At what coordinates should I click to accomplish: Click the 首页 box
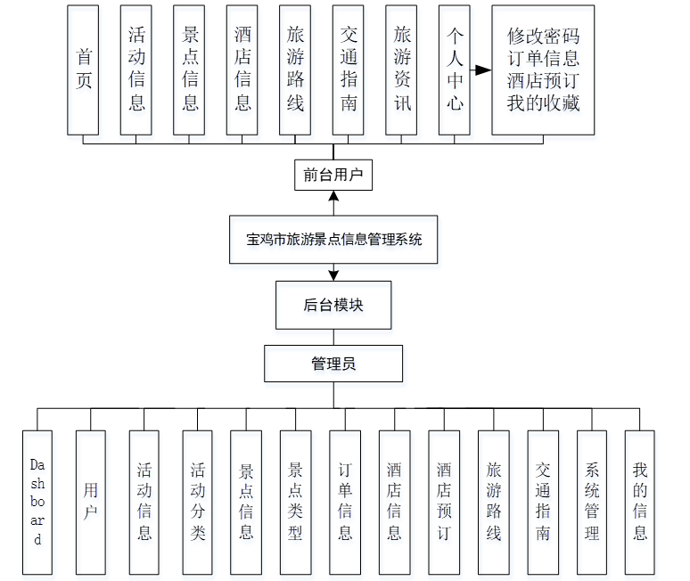(85, 70)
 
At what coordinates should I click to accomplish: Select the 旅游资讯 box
(402, 70)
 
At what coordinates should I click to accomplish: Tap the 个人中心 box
(455, 70)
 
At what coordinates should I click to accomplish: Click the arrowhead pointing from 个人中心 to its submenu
(484, 70)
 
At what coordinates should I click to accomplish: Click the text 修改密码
(543, 37)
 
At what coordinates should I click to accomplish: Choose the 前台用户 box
(333, 175)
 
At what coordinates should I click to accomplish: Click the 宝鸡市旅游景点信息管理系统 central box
(333, 239)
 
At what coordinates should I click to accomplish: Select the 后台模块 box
(333, 305)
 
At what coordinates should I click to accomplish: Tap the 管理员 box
(333, 364)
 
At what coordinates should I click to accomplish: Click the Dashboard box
(37, 503)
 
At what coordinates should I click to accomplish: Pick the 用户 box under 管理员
(91, 503)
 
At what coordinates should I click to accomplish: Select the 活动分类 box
(198, 503)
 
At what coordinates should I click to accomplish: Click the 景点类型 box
(295, 503)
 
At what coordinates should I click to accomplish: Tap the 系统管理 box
(592, 503)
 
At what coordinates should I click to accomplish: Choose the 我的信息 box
(640, 503)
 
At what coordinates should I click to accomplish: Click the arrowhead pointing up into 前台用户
(333, 196)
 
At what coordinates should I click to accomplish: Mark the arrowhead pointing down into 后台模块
(333, 274)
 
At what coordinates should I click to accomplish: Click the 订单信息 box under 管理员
(345, 503)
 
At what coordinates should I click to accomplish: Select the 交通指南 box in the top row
(349, 70)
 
